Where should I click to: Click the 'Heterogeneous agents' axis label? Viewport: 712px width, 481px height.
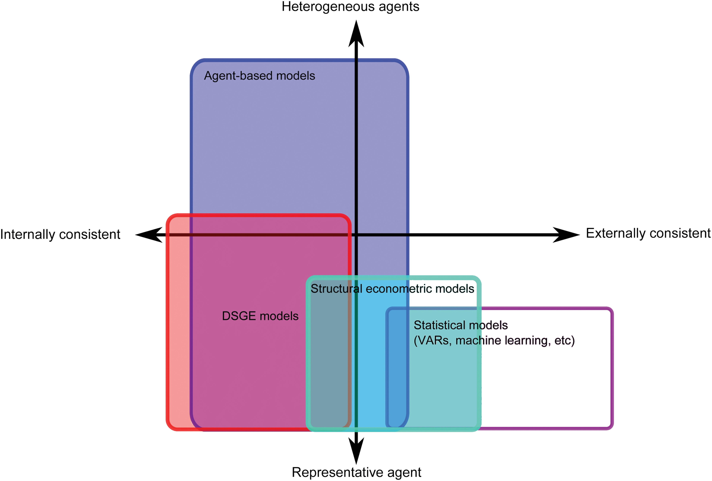click(x=350, y=7)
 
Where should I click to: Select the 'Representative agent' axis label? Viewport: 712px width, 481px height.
click(x=356, y=472)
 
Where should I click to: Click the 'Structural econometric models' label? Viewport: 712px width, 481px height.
click(x=392, y=289)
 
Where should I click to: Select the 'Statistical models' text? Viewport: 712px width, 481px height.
click(x=460, y=325)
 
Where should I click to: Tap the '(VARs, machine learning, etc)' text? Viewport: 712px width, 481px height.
click(x=494, y=340)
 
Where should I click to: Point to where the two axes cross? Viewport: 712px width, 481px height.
click(x=356, y=235)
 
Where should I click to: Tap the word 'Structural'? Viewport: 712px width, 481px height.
click(x=336, y=289)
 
